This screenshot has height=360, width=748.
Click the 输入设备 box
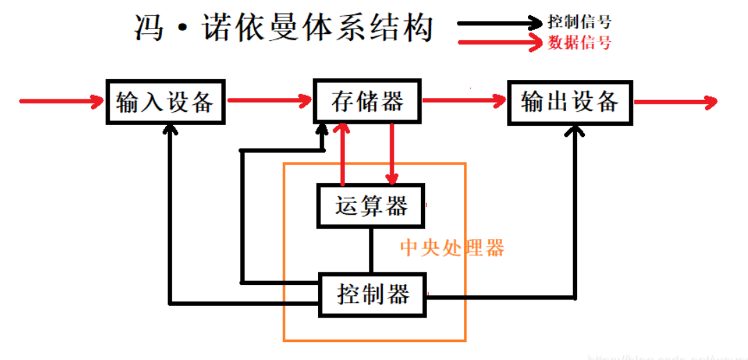(166, 102)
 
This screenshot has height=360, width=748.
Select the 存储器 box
(367, 102)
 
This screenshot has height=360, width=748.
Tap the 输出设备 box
(570, 103)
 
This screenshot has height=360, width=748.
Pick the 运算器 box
(370, 206)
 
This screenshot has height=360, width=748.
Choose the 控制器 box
(372, 295)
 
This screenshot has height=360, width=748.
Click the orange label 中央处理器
(452, 248)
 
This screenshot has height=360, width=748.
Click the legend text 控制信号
(579, 22)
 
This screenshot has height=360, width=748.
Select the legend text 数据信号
(579, 43)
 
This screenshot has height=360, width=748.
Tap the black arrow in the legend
(500, 22)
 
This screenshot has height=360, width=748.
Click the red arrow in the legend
(500, 43)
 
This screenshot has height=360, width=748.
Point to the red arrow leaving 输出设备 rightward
(674, 103)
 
